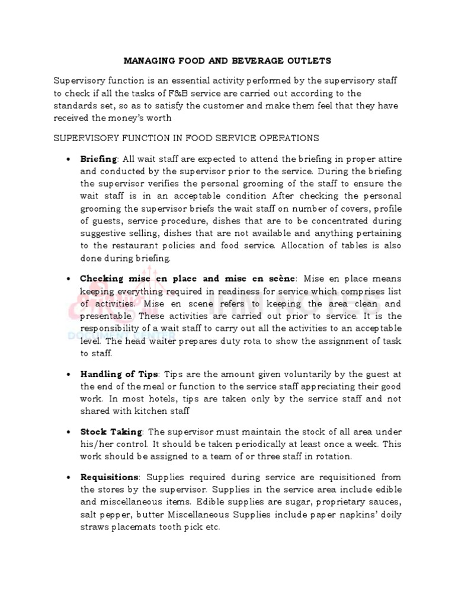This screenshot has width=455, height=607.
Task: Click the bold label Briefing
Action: click(x=99, y=159)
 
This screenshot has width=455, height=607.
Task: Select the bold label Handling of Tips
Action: click(x=119, y=375)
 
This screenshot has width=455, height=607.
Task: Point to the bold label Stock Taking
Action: click(x=111, y=432)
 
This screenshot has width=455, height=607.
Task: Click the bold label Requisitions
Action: click(x=110, y=477)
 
